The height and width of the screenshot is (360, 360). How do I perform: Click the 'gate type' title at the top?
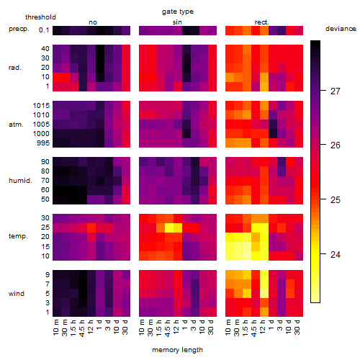pyautogui.click(x=178, y=12)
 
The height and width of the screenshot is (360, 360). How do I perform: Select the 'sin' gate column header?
pyautogui.click(x=177, y=22)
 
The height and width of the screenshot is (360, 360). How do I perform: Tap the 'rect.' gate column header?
pyautogui.click(x=261, y=22)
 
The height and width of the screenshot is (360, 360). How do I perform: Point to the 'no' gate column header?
pyautogui.click(x=93, y=22)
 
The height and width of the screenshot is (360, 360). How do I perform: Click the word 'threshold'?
pyautogui.click(x=40, y=17)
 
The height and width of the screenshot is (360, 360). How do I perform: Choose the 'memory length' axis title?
pyautogui.click(x=177, y=350)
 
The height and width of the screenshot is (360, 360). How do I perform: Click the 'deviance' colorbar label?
pyautogui.click(x=341, y=29)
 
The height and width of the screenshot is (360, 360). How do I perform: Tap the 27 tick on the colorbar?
pyautogui.click(x=335, y=91)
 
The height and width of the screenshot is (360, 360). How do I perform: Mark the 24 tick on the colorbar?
pyautogui.click(x=335, y=255)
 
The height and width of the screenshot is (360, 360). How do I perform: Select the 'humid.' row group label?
pyautogui.click(x=20, y=181)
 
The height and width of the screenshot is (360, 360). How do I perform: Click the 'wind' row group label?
pyautogui.click(x=17, y=294)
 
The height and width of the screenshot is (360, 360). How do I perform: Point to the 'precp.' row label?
pyautogui.click(x=19, y=29)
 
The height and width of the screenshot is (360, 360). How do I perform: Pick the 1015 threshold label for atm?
pyautogui.click(x=41, y=106)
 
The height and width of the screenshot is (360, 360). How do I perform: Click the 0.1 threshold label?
pyautogui.click(x=44, y=30)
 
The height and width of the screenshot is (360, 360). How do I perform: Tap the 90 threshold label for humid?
pyautogui.click(x=45, y=162)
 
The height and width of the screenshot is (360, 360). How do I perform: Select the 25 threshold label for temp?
pyautogui.click(x=45, y=228)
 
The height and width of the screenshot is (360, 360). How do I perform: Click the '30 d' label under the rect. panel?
pyautogui.click(x=297, y=328)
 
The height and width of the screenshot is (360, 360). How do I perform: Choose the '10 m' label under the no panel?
pyautogui.click(x=55, y=328)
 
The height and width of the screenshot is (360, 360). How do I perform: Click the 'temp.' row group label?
pyautogui.click(x=18, y=236)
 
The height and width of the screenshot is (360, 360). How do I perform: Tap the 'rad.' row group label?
pyautogui.click(x=15, y=68)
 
